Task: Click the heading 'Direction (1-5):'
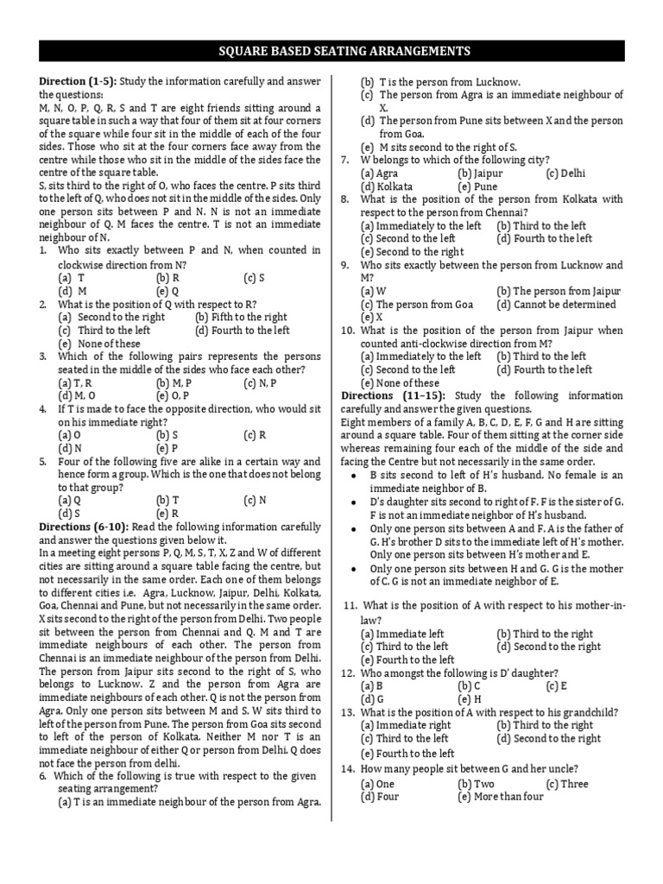pos(78,81)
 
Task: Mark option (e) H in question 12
pos(469,699)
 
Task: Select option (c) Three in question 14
pos(566,784)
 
